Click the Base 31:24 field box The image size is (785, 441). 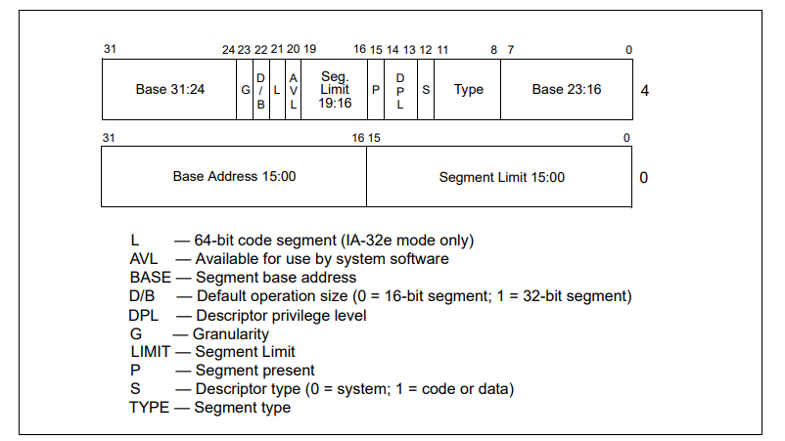(x=169, y=90)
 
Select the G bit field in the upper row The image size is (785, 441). (x=245, y=90)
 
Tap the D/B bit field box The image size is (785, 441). (x=261, y=90)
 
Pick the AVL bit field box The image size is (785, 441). (x=294, y=90)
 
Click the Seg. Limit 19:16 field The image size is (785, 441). (x=335, y=90)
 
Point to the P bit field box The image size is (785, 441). (x=376, y=90)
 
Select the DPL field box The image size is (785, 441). (x=400, y=90)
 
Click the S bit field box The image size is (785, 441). (x=426, y=90)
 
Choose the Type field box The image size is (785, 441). (x=468, y=90)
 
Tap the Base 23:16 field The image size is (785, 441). (x=567, y=90)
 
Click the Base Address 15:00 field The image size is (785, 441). (x=234, y=177)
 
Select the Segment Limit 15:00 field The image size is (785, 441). (x=499, y=177)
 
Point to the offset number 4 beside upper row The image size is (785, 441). (x=645, y=91)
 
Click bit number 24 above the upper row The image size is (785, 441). (x=228, y=50)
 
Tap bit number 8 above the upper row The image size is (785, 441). (x=494, y=50)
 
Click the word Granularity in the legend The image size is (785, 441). (x=231, y=334)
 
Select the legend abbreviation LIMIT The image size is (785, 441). (x=150, y=352)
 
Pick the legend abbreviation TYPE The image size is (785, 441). (x=149, y=408)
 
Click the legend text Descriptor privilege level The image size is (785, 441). (x=281, y=316)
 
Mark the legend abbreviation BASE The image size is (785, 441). (x=150, y=278)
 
